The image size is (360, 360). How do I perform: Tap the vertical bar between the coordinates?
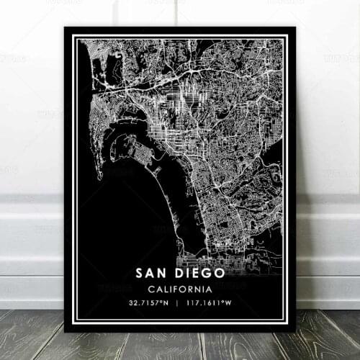click(180, 303)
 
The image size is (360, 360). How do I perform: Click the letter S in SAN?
click(139, 274)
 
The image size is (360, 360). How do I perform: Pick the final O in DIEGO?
click(219, 274)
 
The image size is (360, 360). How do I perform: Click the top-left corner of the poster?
click(65, 28)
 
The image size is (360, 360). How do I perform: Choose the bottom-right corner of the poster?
click(297, 333)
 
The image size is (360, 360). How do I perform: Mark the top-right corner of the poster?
click(297, 28)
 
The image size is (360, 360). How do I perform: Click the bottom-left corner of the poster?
click(65, 333)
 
